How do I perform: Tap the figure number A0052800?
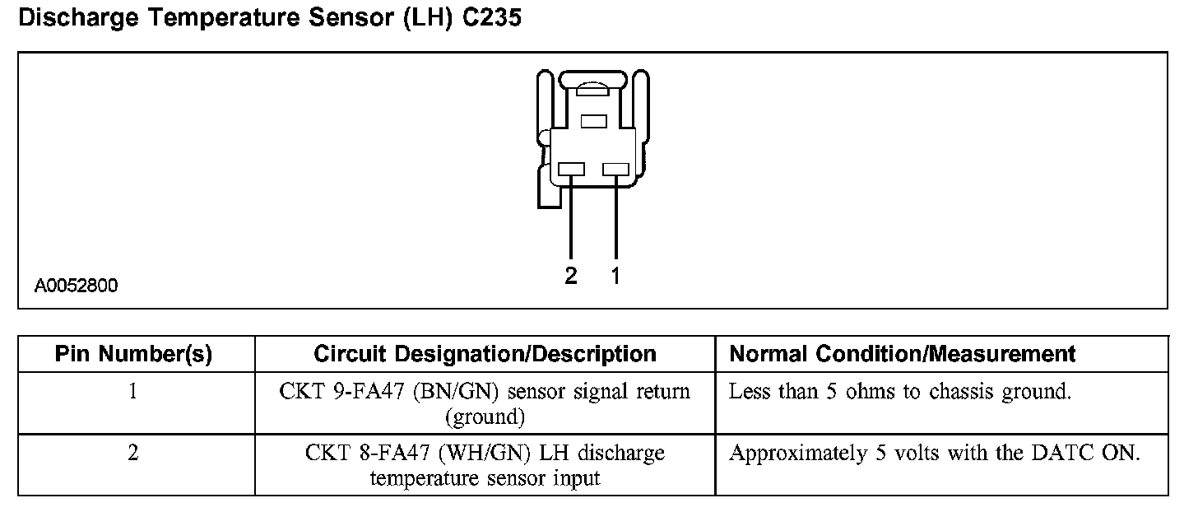coord(76,286)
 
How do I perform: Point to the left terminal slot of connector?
coord(571,170)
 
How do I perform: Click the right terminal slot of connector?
coord(615,170)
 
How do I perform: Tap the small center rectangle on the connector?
coord(593,122)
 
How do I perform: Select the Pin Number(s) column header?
coord(133,355)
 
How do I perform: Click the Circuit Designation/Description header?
coord(485,355)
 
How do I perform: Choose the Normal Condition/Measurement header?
coord(903,355)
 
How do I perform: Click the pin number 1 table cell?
coord(133,392)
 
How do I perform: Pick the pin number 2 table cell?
coord(133,454)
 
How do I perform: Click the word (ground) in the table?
coord(485,417)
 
